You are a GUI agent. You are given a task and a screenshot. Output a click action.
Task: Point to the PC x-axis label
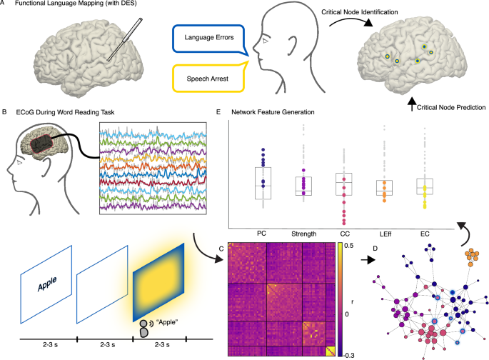click(263, 232)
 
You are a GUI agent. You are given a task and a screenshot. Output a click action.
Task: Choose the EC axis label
click(427, 232)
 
